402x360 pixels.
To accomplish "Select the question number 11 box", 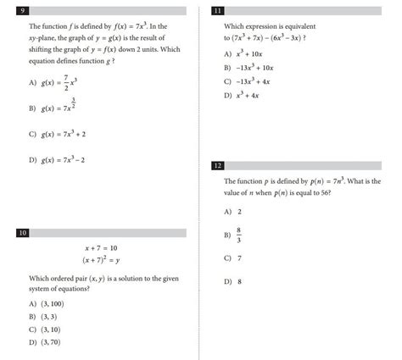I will (x=218, y=12).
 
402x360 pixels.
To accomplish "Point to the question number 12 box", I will (x=218, y=165).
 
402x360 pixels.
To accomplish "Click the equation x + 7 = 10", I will (x=101, y=248).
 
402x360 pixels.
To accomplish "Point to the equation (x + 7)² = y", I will (x=101, y=260).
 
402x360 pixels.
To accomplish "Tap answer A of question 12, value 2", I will (x=240, y=211).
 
